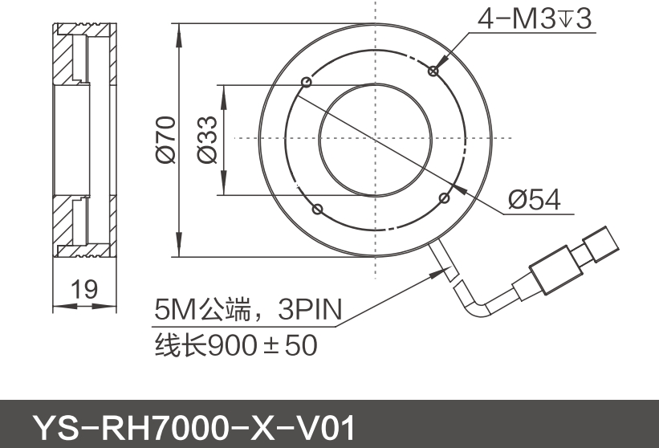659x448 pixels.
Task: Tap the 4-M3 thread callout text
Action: click(x=535, y=18)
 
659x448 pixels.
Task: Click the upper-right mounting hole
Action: click(x=433, y=71)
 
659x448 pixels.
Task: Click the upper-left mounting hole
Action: click(x=306, y=81)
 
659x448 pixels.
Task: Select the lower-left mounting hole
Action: click(x=317, y=209)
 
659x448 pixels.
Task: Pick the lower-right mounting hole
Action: click(x=445, y=197)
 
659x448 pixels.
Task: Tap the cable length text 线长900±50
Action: click(x=235, y=345)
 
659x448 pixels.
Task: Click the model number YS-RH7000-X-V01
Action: click(x=193, y=428)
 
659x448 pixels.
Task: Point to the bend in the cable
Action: click(x=476, y=307)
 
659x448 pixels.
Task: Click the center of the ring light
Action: click(x=375, y=139)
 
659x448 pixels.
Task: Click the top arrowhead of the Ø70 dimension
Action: click(x=179, y=30)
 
